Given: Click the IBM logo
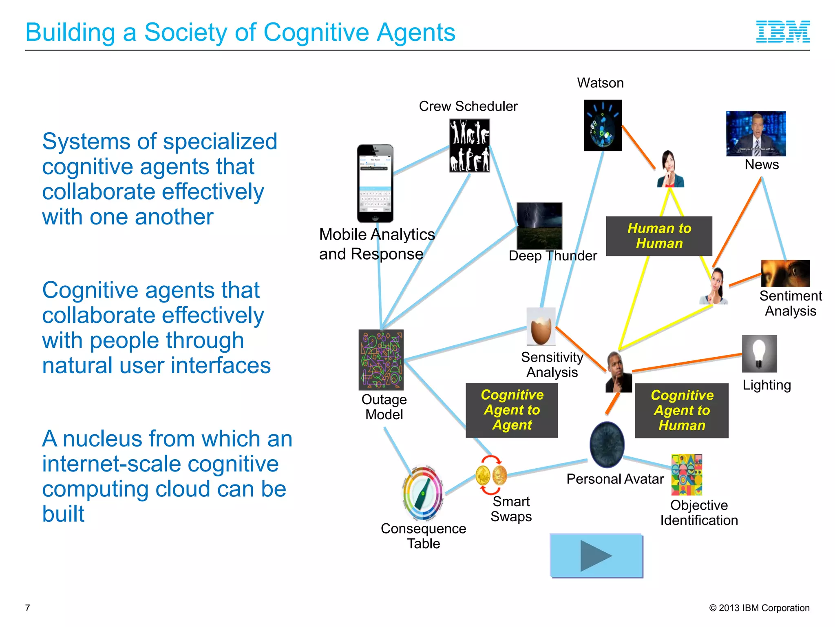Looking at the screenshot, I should coord(782,32).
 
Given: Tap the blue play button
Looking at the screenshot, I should coord(596,556).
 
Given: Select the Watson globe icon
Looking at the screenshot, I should coord(603,125).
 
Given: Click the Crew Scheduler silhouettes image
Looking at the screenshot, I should coord(469,145).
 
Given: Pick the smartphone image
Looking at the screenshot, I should coord(375,183).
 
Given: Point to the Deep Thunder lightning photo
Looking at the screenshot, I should coord(539,226).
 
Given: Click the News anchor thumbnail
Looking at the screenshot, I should coord(755,133).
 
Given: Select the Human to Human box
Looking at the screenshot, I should coord(659,236).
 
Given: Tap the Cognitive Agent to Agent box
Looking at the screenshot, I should coord(512,410).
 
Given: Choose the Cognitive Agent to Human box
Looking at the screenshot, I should coord(681,410).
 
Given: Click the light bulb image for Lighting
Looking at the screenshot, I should coord(759,354).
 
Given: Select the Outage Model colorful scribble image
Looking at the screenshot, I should coord(381,360).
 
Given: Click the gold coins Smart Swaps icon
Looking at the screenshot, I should coord(491,475).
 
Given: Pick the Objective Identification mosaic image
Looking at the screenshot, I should coord(687,474).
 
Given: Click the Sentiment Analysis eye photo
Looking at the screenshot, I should coord(785,273).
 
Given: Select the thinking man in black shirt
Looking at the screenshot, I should coord(618,372).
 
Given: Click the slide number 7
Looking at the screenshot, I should coord(27,608).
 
